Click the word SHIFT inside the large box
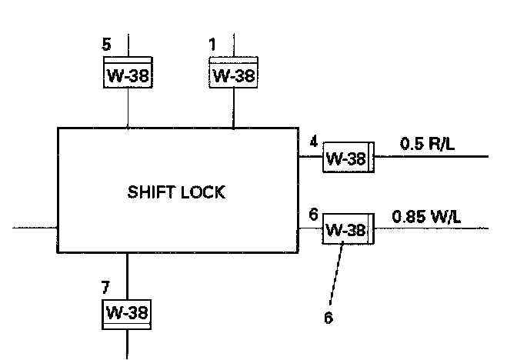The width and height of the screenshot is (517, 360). click(152, 192)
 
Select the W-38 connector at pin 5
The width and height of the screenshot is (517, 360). click(127, 75)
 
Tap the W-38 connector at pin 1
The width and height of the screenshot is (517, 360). click(233, 75)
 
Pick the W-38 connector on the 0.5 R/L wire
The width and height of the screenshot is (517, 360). click(348, 158)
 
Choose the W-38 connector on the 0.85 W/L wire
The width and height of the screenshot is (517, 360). click(348, 229)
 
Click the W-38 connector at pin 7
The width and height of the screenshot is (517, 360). click(127, 313)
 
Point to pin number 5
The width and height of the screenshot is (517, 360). click(107, 45)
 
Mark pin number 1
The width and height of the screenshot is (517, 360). click(212, 45)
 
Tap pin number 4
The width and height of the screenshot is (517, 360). click(313, 142)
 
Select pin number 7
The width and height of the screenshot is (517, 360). click(106, 287)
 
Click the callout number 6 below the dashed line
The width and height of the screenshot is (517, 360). click(329, 317)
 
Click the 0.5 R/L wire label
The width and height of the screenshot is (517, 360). click(425, 142)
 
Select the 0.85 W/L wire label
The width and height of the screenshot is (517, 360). click(426, 216)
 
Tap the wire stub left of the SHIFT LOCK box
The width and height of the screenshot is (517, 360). click(35, 228)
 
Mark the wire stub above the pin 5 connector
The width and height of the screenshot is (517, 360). click(127, 45)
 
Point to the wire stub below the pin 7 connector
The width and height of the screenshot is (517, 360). click(127, 344)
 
